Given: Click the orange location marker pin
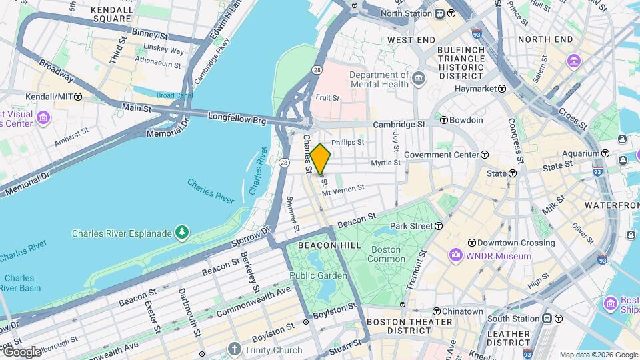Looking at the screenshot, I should coord(320,159).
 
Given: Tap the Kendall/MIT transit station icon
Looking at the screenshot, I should coord(78,97).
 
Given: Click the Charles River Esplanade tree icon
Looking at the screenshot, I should coord(181,232).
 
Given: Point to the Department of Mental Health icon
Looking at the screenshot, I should coord(418,79).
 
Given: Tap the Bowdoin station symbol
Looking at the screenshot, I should coord(443,120).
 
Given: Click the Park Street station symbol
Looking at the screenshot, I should coord(439,226).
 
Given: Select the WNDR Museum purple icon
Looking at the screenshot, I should coord(455,255).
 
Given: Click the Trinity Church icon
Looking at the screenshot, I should coord(234,349).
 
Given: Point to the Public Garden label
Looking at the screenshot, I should coord(318,275).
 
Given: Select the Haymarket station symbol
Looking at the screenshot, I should coord(501,89).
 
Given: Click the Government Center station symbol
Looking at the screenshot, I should coord(485,155).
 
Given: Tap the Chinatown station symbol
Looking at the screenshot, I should coord(437,311).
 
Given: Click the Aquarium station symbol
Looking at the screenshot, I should coord(621,139).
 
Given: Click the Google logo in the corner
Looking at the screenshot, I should coord(21,351).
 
